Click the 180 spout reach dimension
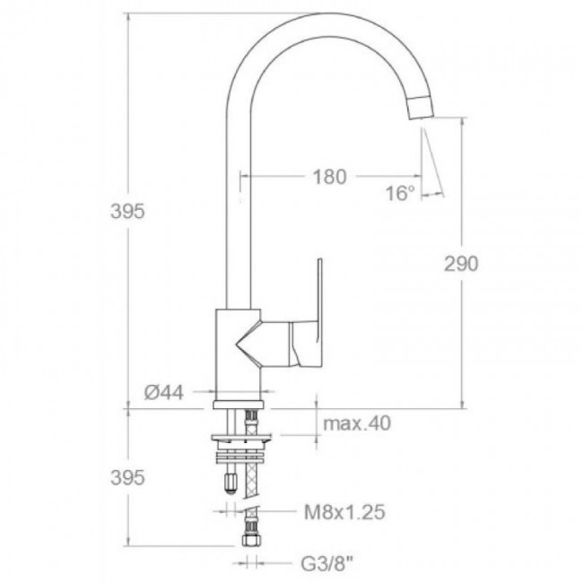pyautogui.click(x=330, y=177)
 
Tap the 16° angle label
pyautogui.click(x=400, y=194)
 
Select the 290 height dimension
pyautogui.click(x=461, y=264)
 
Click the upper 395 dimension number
pyautogui.click(x=127, y=212)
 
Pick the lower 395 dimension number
pyautogui.click(x=127, y=477)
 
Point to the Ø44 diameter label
pyautogui.click(x=164, y=392)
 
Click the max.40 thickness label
pyautogui.click(x=357, y=423)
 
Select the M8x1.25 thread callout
pyautogui.click(x=344, y=512)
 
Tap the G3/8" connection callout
pyautogui.click(x=326, y=564)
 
